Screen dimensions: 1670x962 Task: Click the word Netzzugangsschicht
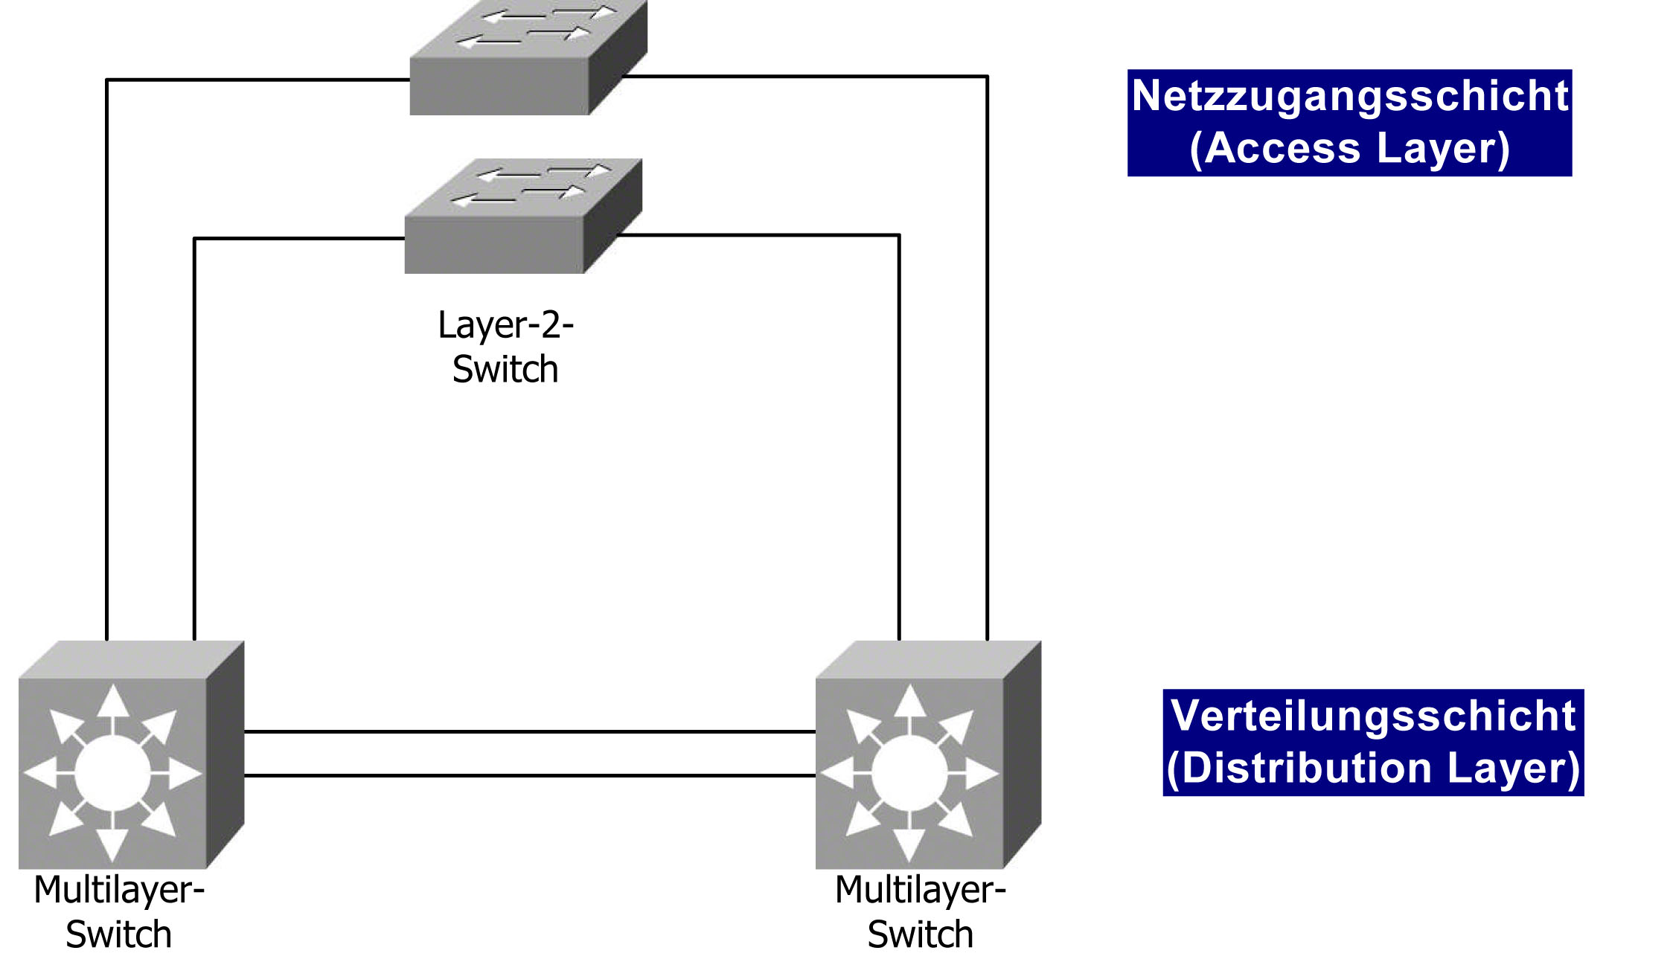click(1350, 96)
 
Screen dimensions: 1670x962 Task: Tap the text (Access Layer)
click(1350, 148)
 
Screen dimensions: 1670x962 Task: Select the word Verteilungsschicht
click(1373, 716)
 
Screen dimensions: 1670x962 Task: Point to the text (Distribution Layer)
click(1373, 768)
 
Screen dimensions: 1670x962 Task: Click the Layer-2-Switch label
click(505, 347)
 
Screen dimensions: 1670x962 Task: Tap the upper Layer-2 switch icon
click(528, 57)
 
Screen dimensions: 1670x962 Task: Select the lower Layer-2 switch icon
click(523, 216)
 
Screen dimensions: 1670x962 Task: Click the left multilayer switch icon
click(131, 754)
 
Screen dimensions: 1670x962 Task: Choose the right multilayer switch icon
click(928, 754)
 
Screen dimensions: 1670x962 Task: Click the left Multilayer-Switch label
click(119, 912)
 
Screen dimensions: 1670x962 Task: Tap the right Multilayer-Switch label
click(921, 912)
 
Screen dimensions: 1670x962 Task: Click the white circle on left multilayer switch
click(112, 774)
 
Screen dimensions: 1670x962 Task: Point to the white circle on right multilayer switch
click(909, 774)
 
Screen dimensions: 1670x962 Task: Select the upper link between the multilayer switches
click(530, 731)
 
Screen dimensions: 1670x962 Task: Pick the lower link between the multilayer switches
click(530, 775)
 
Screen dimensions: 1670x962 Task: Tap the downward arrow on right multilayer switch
click(909, 837)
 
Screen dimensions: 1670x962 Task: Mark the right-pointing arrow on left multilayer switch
click(176, 774)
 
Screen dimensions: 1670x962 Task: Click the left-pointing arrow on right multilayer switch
click(846, 774)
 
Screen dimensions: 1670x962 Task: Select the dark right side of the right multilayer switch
click(1023, 754)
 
